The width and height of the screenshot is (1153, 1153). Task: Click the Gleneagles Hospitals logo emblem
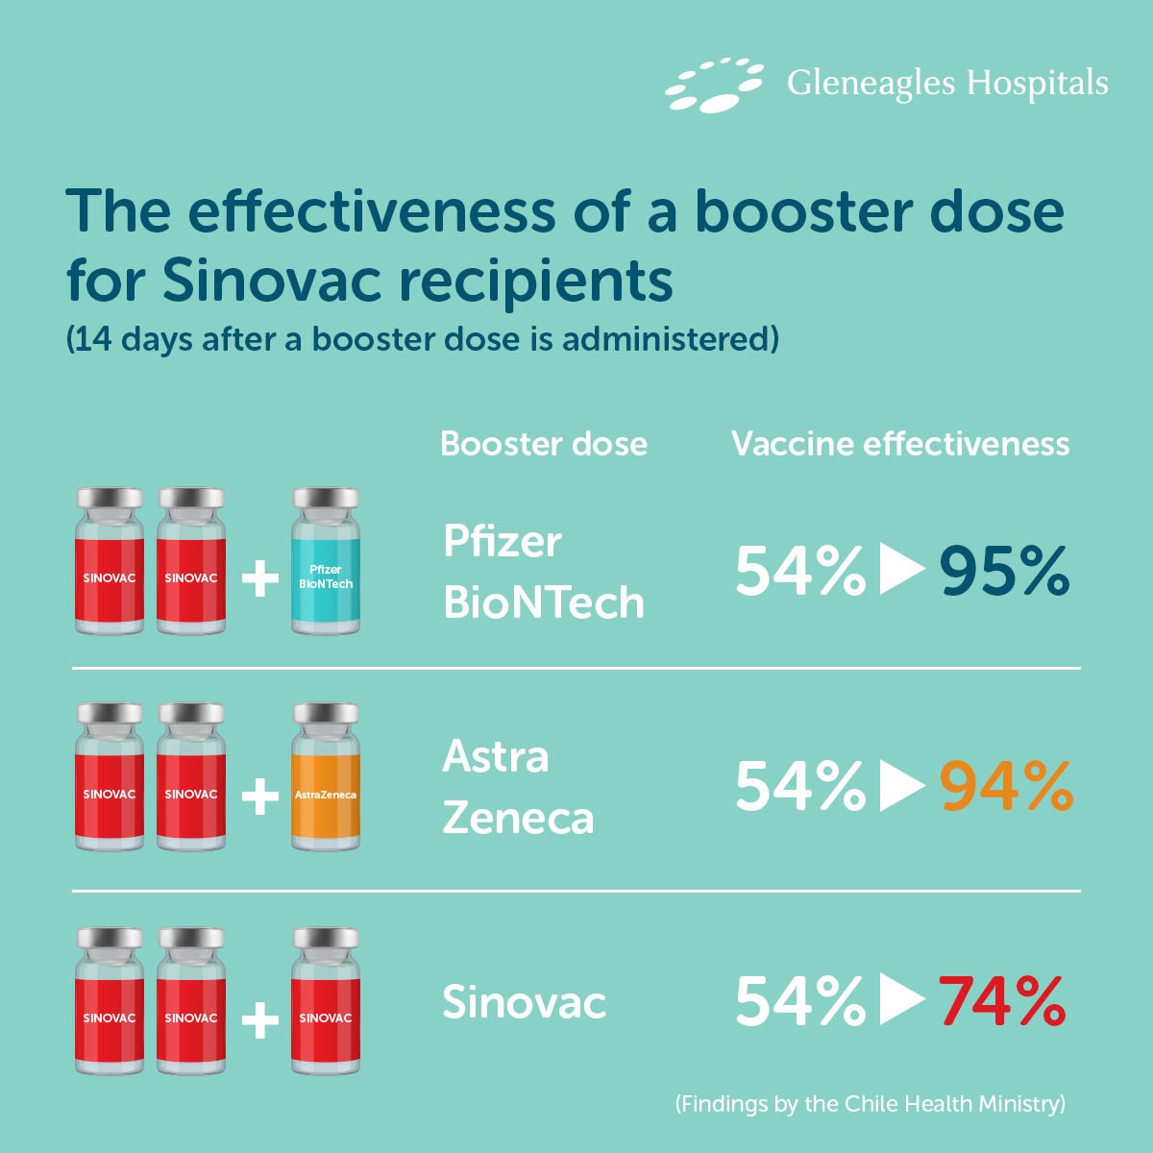coord(713,85)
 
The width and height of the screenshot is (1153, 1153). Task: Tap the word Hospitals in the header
coord(1037,84)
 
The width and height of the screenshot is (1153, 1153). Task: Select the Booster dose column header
coord(543,444)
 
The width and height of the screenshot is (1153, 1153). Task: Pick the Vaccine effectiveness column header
coord(899,444)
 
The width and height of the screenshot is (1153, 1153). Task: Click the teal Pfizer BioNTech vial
coord(326,562)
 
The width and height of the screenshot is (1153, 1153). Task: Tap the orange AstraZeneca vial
coord(326,777)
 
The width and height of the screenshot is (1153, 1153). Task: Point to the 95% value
coord(1004,572)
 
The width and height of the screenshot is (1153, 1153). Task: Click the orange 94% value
coord(1006,787)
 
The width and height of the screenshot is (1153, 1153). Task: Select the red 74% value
coord(1002,1002)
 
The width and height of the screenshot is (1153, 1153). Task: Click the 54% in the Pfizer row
coord(799,572)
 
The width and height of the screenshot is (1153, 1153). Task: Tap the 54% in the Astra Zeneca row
coord(799,787)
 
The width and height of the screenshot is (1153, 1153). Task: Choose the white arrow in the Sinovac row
coord(901,1001)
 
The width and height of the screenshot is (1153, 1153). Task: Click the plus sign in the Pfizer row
coord(259,579)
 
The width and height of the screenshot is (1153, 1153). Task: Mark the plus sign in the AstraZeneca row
coord(259,796)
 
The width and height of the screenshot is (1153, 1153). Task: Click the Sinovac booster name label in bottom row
coord(524,1003)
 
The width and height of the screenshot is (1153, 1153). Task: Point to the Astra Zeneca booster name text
coord(518,787)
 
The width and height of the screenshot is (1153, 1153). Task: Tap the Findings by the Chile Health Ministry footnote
coord(870,1104)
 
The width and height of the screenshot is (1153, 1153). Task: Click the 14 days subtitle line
coord(422,340)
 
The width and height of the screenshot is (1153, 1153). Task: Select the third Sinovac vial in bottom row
coord(326,1001)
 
